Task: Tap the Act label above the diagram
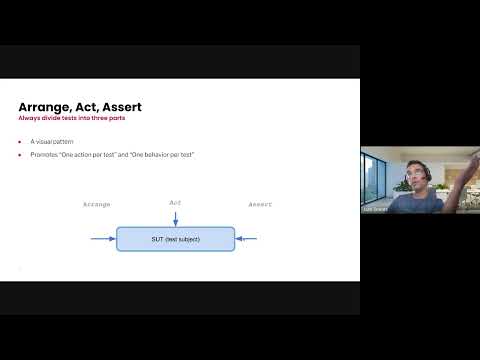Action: tap(175, 203)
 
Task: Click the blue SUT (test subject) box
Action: tap(175, 239)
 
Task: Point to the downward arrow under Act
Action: tap(175, 218)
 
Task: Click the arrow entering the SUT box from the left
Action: tap(103, 239)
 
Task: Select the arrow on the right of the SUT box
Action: tap(247, 239)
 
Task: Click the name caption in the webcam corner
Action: tap(376, 209)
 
